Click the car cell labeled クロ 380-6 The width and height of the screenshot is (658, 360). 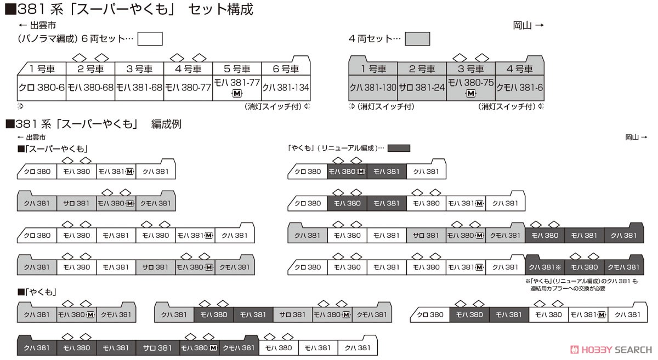[x=42, y=88]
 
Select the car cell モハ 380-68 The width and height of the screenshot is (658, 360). [x=90, y=88]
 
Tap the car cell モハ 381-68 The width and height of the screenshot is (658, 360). [x=139, y=88]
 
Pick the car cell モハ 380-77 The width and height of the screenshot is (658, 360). [x=188, y=88]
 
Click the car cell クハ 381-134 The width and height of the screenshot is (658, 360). [x=286, y=88]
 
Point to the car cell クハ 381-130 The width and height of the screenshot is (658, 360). [x=373, y=88]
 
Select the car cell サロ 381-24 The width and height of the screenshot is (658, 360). [x=422, y=88]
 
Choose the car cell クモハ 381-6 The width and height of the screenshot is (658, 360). [x=520, y=88]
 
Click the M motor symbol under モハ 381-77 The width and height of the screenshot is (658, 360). [x=237, y=94]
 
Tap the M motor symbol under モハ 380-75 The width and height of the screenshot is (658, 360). [x=471, y=94]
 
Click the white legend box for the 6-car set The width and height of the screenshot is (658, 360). [x=150, y=39]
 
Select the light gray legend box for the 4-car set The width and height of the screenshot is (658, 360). [x=417, y=39]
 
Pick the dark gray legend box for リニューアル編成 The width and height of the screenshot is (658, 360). [x=399, y=148]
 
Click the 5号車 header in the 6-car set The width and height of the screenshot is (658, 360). [x=237, y=68]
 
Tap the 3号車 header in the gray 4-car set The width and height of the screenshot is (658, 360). [x=471, y=68]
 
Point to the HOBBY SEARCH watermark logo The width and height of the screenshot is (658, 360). [x=611, y=350]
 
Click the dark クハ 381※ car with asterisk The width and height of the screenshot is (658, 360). [x=545, y=267]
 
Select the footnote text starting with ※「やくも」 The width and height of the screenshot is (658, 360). [x=582, y=285]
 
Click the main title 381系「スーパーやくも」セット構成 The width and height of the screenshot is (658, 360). [x=129, y=9]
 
